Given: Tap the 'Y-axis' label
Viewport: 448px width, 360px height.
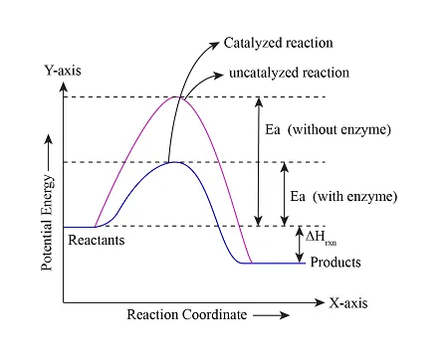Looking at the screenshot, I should coord(62,72).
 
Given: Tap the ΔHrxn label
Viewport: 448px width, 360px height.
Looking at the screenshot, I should coord(320,240).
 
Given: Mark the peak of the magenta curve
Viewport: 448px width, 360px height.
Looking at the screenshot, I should coord(178,96).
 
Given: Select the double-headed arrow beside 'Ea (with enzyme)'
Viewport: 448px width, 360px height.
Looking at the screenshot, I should coord(285,194).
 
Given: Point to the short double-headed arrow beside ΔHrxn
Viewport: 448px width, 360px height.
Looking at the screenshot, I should coord(299,245).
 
